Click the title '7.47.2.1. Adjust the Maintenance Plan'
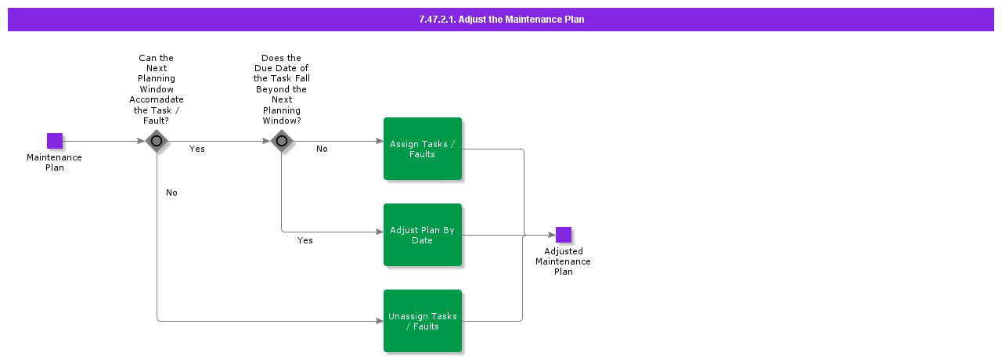point(501,20)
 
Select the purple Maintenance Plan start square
point(54,141)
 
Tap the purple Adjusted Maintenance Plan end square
point(563,235)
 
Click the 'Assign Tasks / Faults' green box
point(423,149)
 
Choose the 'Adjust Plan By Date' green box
point(423,235)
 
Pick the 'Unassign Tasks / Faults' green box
point(423,321)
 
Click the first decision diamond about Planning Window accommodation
point(157,141)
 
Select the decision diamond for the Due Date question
point(282,141)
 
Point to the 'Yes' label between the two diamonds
point(197,149)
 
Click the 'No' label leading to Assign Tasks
point(322,149)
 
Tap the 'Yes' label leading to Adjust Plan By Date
point(305,240)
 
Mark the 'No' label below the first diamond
point(171,193)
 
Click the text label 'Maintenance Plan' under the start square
point(54,162)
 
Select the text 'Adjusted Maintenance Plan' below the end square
point(563,261)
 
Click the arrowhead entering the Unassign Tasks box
point(380,321)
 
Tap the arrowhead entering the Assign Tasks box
point(380,141)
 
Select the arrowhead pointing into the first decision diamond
point(143,141)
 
